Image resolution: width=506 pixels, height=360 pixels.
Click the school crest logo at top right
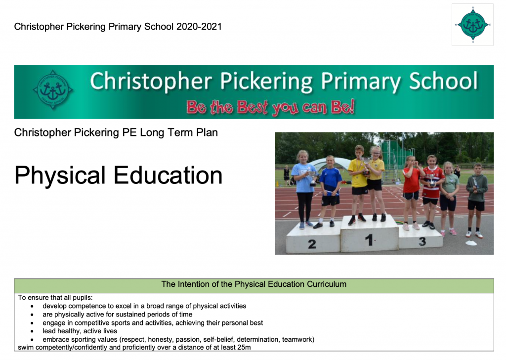(472, 25)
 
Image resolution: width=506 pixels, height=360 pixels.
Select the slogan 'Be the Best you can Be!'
(270, 107)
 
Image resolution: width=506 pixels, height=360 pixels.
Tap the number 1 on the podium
(369, 240)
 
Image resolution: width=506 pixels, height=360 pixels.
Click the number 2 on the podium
(312, 244)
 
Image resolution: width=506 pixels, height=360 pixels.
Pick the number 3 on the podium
(422, 241)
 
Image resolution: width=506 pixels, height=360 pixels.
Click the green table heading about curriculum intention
(253, 285)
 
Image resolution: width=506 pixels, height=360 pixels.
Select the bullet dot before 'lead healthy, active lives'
(33, 331)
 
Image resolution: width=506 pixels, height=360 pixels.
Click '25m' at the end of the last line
(243, 348)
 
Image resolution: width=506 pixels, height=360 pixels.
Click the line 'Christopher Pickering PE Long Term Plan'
(116, 133)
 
